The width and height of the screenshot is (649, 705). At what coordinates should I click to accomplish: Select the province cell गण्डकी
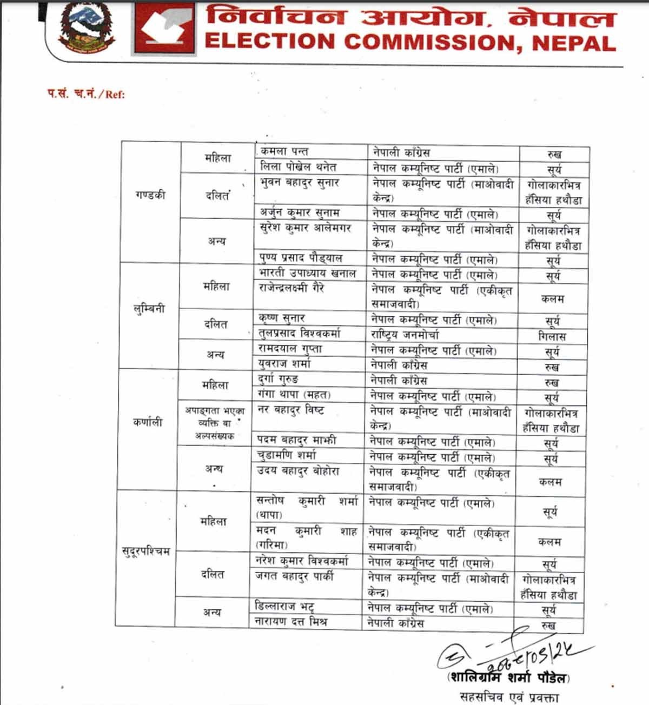(150, 195)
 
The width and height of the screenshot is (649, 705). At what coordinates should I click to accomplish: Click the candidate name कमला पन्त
(284, 152)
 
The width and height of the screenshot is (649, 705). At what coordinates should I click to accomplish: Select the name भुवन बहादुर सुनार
(299, 182)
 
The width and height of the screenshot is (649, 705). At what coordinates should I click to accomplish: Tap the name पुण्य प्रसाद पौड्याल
(301, 257)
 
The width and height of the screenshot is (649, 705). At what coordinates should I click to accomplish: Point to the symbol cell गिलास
(552, 336)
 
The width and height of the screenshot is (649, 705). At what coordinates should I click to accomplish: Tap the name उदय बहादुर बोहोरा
(298, 471)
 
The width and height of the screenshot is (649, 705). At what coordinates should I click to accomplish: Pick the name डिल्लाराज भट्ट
(284, 607)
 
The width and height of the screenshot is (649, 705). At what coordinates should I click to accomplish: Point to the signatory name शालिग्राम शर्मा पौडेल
(508, 677)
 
